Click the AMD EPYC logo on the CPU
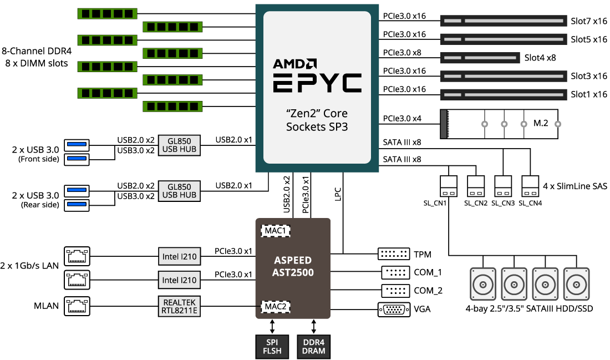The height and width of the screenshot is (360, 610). (317, 75)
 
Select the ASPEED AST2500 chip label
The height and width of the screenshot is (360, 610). (292, 266)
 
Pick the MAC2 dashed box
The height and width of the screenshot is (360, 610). (276, 306)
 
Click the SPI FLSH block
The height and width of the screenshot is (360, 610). (272, 346)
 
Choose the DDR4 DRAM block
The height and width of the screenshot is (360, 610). (314, 346)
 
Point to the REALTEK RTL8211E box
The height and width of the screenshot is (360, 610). (179, 306)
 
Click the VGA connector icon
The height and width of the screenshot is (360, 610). (394, 310)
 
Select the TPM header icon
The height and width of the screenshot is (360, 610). (394, 255)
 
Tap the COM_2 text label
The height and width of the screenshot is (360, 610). (428, 291)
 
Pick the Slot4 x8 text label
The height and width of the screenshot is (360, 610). (540, 57)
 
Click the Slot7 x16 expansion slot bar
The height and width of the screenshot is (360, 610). (504, 21)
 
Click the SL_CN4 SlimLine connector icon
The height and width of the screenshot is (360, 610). (530, 186)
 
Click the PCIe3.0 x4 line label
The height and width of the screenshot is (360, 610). (402, 118)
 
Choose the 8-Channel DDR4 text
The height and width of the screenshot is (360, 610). (37, 51)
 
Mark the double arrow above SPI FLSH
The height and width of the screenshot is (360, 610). (272, 325)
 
